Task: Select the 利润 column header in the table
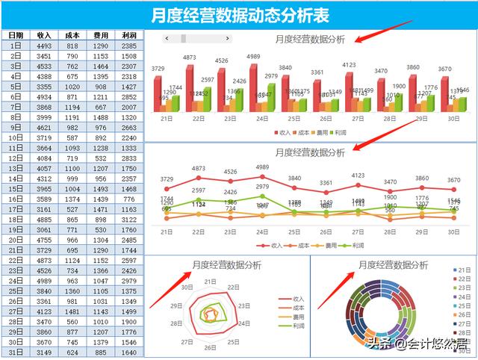click(128, 35)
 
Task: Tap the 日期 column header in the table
click(16, 35)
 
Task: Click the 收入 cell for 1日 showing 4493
click(44, 46)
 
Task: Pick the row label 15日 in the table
click(16, 189)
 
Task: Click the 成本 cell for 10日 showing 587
click(72, 137)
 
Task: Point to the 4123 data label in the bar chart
click(349, 65)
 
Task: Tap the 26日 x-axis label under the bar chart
click(326, 118)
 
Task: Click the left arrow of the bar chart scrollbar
click(167, 38)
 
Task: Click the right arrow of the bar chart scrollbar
click(227, 38)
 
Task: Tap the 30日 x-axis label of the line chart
click(453, 232)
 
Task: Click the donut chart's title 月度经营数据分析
click(393, 264)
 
